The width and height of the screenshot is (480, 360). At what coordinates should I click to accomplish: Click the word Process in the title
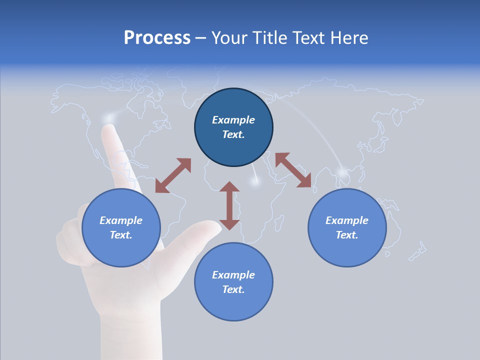point(157,38)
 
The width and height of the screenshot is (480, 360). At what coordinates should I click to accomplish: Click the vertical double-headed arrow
point(229,205)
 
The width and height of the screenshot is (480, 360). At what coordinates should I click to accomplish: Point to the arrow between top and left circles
point(173,175)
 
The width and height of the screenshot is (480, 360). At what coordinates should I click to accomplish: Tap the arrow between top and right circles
point(293,170)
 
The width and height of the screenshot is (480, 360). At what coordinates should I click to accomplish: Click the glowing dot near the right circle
point(342,173)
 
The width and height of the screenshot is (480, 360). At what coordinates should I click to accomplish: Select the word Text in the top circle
point(233,134)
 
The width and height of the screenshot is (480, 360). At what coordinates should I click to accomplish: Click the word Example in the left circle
point(121,220)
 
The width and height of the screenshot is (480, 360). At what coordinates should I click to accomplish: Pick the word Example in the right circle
point(347,220)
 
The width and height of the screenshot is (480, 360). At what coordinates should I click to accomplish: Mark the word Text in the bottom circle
point(233,289)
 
